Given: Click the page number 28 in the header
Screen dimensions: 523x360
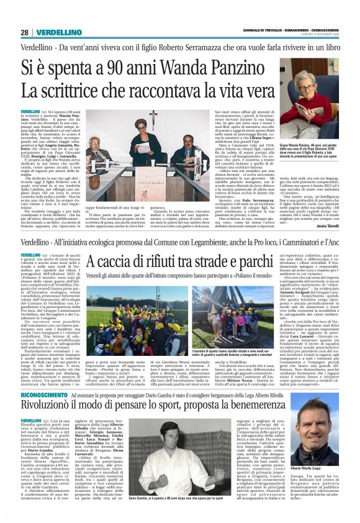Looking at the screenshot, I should click(x=24, y=32).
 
